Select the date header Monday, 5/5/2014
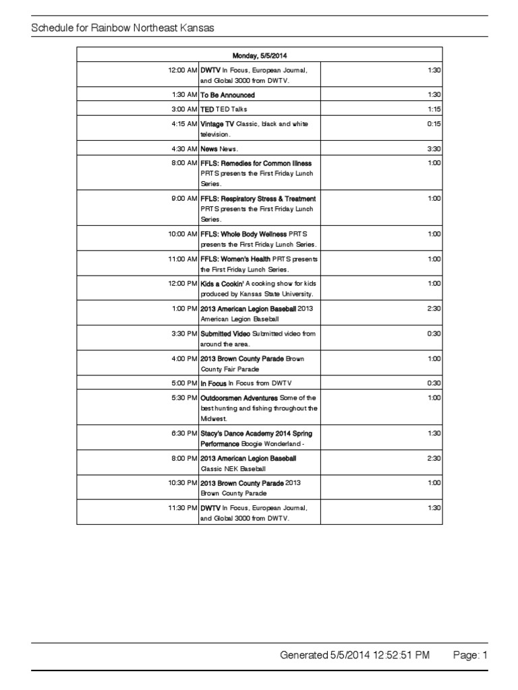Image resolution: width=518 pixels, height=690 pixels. coord(260,55)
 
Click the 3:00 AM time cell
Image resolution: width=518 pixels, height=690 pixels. coord(183,109)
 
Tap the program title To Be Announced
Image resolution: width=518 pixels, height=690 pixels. coord(228,95)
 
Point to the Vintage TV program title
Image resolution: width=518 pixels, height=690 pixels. coord(217,124)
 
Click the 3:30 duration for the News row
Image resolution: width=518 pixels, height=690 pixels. coord(434,149)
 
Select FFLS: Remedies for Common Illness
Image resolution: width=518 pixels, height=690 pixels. coord(256,163)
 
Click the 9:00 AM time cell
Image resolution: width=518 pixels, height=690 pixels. coord(183,199)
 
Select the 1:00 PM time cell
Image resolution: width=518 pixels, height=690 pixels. coord(183,309)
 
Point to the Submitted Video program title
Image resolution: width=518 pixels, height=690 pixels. coord(225,334)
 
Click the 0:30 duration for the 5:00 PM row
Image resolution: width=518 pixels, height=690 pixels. coord(434,383)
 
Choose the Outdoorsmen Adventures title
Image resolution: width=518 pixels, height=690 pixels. coord(239,398)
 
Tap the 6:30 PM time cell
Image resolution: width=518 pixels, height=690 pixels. coord(183,433)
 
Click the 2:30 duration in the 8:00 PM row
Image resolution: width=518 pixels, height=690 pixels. coord(434,458)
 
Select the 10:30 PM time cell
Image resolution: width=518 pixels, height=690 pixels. coord(183,483)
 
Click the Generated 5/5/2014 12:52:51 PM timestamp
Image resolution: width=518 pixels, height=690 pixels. coord(354,654)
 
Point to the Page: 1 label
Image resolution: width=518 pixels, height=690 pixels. coord(470,654)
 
